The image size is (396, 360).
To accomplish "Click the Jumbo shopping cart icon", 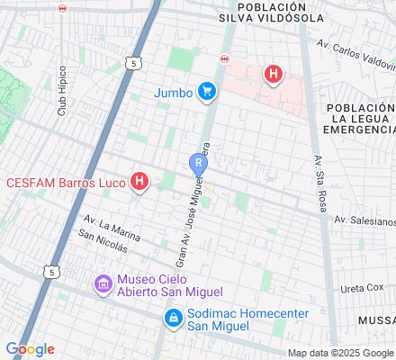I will (208, 91).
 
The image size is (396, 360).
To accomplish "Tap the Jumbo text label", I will (174, 91).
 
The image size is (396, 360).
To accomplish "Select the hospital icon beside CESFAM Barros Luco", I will (139, 182).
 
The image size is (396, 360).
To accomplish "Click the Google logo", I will (30, 348).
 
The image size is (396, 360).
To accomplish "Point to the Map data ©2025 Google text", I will (340, 352).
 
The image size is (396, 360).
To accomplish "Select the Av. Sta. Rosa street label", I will (319, 170).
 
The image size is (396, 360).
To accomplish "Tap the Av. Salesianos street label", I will (364, 220).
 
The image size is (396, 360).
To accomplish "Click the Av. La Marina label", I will (112, 227).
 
